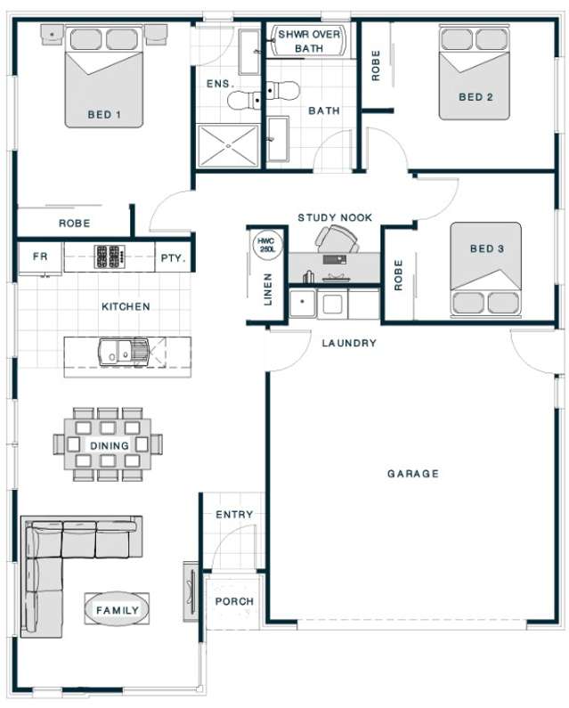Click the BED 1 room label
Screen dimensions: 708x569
pos(104,115)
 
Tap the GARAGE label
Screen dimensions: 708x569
pos(412,474)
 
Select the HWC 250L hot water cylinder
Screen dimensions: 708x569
pos(265,247)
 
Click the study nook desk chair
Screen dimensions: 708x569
pos(339,238)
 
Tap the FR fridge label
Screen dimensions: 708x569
pos(40,257)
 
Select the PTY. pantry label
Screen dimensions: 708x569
pos(173,258)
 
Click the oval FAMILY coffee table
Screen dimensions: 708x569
pos(117,610)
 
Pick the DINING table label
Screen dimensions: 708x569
pos(109,445)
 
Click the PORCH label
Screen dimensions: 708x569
pos(234,602)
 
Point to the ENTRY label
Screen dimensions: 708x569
pos(234,515)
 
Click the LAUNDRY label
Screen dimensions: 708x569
pos(349,343)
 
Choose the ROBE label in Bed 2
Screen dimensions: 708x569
pos(376,64)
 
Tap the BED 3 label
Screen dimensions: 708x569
pos(487,249)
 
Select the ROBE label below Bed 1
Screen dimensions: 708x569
pos(74,224)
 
